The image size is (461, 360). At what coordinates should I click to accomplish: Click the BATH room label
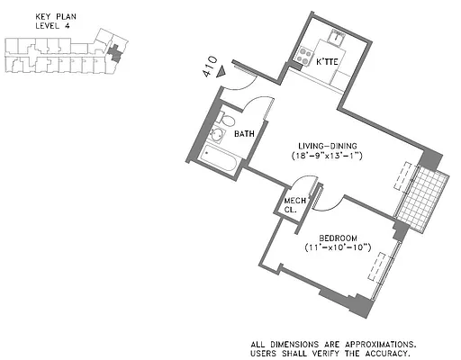click(x=244, y=134)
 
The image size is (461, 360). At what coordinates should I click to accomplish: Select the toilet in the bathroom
click(x=229, y=121)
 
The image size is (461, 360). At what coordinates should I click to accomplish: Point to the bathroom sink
click(x=216, y=137)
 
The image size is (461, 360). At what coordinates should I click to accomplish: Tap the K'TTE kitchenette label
click(x=327, y=61)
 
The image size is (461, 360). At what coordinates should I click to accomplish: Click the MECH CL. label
click(x=292, y=205)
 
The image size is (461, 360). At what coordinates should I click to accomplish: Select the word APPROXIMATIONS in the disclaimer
click(x=380, y=343)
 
